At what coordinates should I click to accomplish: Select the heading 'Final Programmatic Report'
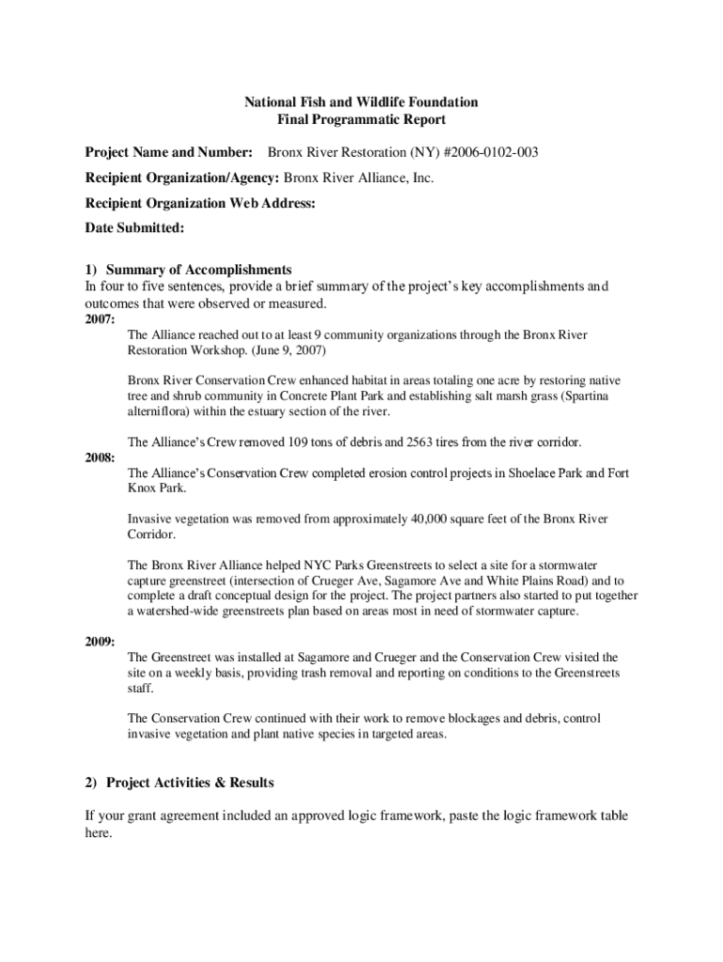tap(361, 120)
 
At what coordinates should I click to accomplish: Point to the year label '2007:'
tap(90, 319)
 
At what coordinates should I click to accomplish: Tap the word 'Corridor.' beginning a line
tap(152, 534)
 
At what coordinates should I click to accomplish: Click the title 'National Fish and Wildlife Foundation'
tap(361, 101)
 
